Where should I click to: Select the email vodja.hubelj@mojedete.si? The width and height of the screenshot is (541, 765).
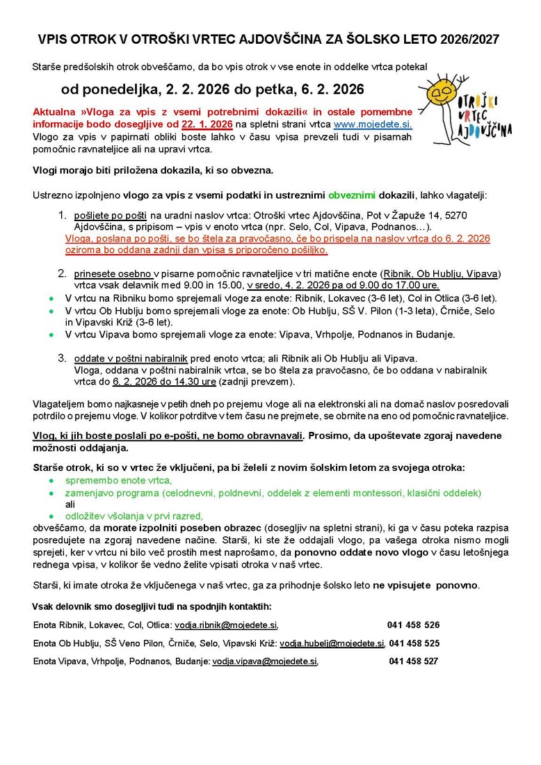(332, 643)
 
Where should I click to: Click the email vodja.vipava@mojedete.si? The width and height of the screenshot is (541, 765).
(265, 661)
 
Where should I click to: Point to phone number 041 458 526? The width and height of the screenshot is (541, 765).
(414, 625)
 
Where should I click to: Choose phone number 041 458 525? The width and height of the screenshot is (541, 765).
(414, 643)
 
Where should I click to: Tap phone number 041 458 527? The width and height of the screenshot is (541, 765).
(414, 661)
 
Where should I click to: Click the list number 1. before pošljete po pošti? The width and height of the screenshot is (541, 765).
(62, 216)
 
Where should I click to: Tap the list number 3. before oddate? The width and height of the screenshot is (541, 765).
(62, 357)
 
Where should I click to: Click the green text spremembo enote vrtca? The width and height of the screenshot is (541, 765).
(118, 481)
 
